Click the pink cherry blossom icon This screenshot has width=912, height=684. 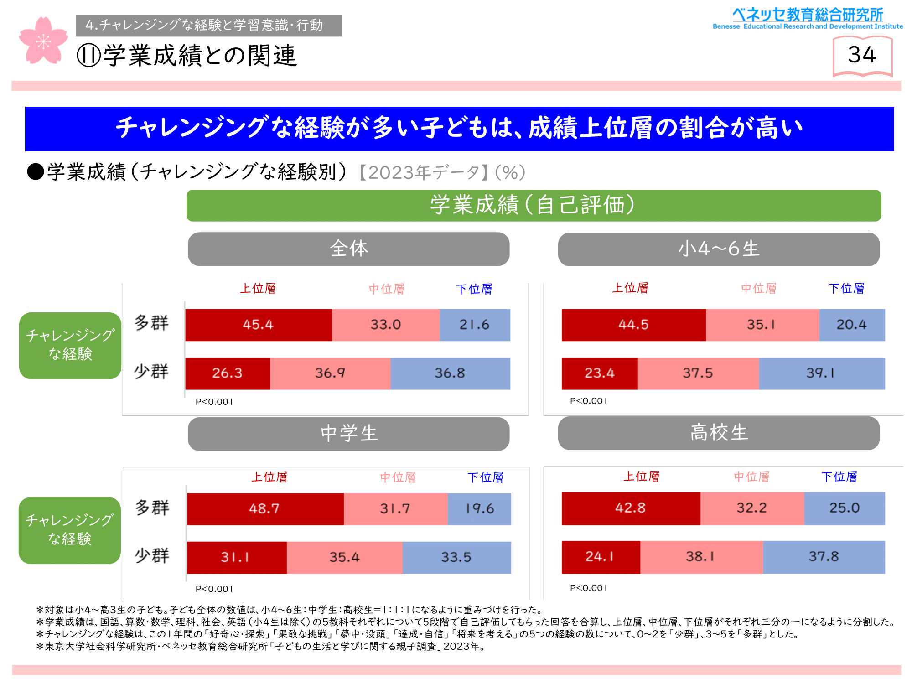[x=43, y=41]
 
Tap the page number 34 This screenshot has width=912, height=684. [x=862, y=55]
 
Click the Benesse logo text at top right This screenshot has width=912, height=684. [x=808, y=18]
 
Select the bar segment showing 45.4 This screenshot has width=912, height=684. [x=258, y=325]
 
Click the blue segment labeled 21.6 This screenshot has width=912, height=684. [x=475, y=325]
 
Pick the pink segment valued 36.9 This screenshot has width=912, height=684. [x=330, y=373]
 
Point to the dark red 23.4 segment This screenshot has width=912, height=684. [x=599, y=373]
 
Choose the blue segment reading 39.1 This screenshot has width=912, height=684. [x=821, y=373]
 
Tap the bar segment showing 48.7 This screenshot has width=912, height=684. [x=264, y=509]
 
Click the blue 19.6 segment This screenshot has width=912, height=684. [x=479, y=509]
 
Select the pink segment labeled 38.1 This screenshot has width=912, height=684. [x=701, y=557]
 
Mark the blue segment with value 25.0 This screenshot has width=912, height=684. [x=844, y=508]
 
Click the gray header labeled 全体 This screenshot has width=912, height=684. [x=348, y=249]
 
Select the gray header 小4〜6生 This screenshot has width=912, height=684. [x=719, y=249]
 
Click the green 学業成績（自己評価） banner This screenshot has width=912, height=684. [x=533, y=205]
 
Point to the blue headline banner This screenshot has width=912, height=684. [x=459, y=129]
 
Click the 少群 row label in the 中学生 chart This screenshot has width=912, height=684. [x=152, y=556]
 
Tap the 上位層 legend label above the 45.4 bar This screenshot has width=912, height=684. [x=258, y=289]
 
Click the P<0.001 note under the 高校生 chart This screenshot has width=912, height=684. [x=588, y=588]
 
